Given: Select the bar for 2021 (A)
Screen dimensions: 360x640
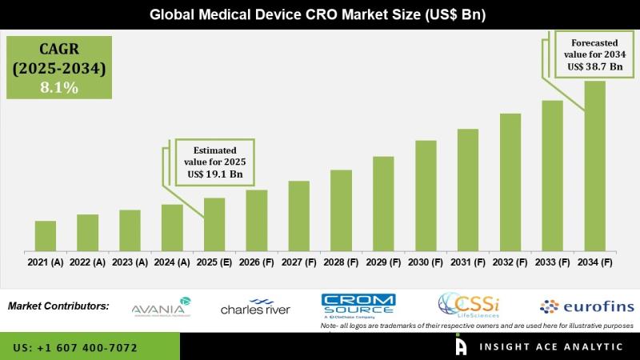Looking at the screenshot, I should coord(46,236).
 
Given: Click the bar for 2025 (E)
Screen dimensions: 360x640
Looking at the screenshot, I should coord(214,224).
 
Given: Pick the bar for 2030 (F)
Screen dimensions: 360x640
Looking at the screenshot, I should coord(426,195).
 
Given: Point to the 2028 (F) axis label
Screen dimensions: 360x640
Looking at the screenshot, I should coord(341,262).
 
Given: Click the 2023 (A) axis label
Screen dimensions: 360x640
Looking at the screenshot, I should coord(130,262).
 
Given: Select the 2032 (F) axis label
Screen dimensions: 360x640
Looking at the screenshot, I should coord(510,262).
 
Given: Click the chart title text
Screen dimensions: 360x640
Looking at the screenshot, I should coord(320,14).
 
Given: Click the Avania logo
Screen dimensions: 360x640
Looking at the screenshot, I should coord(160,306).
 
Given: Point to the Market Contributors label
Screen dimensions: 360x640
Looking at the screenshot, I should coord(58,306).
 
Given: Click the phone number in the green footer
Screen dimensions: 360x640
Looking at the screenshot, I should coord(75,348).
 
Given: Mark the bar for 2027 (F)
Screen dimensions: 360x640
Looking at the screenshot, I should coord(299,216).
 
